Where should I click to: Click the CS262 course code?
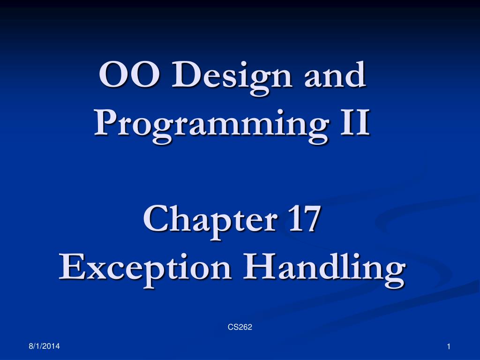coord(240,327)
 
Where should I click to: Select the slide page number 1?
coord(449,346)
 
